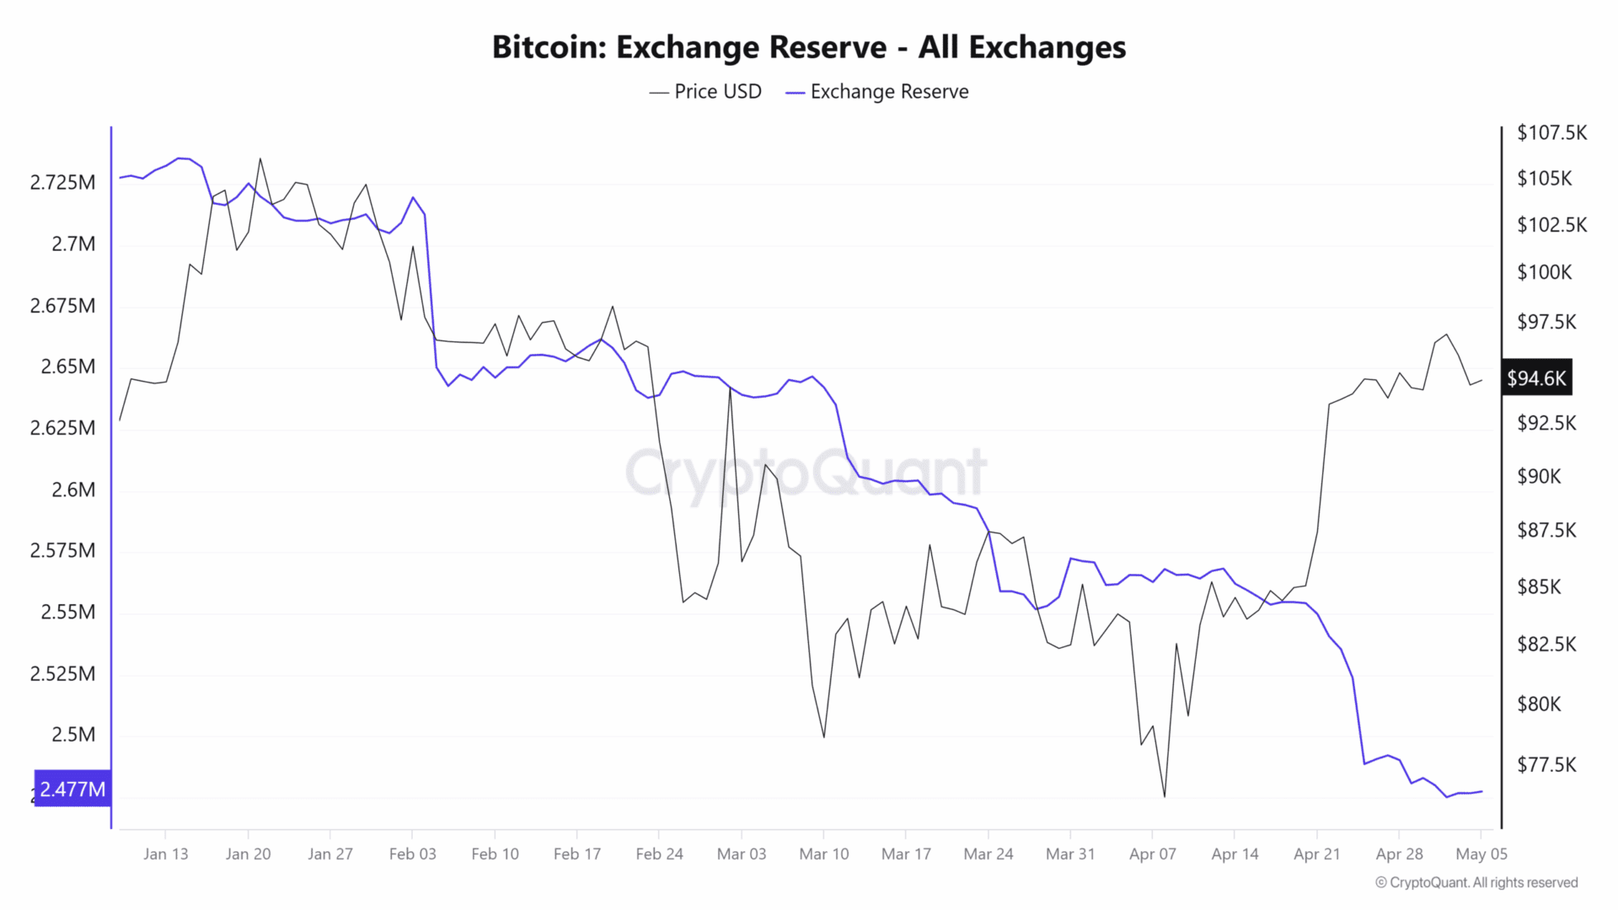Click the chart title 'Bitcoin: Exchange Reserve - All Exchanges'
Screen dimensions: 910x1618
(808, 47)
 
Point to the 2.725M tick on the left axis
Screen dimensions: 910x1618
(63, 183)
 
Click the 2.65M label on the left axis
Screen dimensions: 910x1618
(68, 367)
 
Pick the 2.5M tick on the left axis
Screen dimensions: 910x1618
(73, 735)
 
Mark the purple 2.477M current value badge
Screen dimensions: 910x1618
(72, 790)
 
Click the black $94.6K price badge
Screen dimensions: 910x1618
(1536, 378)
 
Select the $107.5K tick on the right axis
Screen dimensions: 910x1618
(1551, 133)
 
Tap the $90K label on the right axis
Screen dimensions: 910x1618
(1539, 477)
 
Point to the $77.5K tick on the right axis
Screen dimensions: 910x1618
(1546, 765)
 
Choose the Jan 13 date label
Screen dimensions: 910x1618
(166, 854)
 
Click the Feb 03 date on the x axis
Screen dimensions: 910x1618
(413, 854)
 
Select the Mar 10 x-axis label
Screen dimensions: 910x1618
(824, 854)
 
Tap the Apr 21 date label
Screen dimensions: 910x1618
(1317, 854)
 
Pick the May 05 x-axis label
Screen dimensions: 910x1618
(1481, 854)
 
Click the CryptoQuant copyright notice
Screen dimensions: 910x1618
(1476, 882)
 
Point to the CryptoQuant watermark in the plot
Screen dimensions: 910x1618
(806, 472)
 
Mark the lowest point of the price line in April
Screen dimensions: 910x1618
(1165, 796)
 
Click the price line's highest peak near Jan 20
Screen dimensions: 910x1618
(260, 158)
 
